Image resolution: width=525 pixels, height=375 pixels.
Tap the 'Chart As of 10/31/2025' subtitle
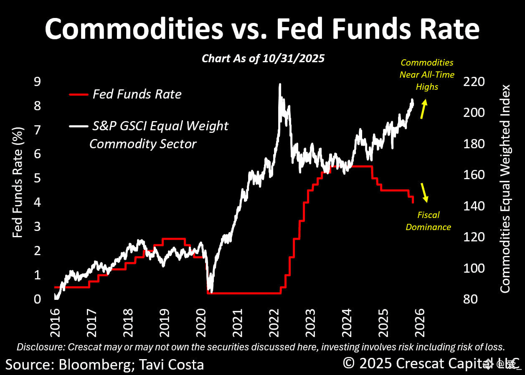coord(263,58)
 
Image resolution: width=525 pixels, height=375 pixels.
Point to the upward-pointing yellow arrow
coord(424,109)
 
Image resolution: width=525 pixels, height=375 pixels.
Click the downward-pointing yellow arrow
coord(425,193)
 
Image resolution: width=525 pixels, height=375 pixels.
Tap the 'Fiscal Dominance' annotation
coord(428,221)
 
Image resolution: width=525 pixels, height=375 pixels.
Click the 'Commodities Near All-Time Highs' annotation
coord(426,75)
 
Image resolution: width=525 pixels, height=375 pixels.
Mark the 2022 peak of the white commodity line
coord(279,85)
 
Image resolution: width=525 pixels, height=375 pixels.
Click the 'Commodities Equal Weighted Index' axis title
coord(505,189)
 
